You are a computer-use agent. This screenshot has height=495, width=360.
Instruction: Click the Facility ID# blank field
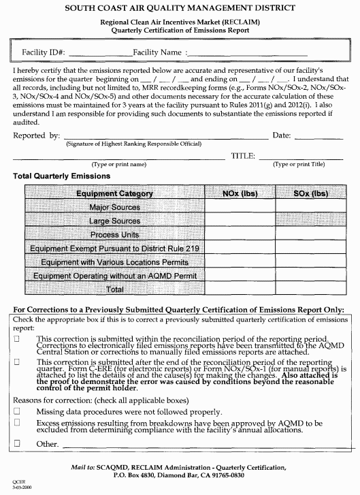99,52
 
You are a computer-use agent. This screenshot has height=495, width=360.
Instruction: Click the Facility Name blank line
248,52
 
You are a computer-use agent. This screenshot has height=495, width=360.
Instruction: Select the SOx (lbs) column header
310,194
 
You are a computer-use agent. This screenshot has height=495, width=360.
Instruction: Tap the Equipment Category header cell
114,194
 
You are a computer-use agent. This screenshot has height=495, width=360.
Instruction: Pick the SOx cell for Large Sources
310,221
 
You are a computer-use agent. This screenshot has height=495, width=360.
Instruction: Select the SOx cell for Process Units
310,234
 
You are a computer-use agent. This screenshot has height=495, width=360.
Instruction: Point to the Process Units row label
114,234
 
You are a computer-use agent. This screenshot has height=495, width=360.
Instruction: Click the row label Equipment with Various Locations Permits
114,262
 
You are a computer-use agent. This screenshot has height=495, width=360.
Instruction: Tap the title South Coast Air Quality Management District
180,8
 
